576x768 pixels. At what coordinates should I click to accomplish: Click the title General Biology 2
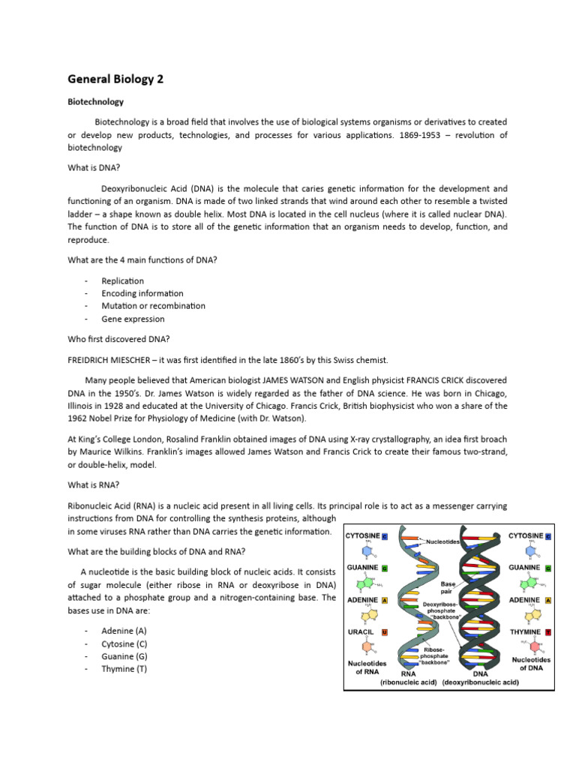(x=115, y=79)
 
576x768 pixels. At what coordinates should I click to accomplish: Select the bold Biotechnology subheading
(x=95, y=101)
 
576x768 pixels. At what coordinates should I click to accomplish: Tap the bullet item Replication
(x=122, y=280)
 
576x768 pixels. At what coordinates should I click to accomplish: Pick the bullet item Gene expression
(x=133, y=319)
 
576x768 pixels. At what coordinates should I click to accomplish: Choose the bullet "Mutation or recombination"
(x=153, y=306)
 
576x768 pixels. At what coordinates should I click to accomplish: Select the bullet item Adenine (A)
(x=124, y=631)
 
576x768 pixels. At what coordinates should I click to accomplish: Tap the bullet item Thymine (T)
(x=124, y=669)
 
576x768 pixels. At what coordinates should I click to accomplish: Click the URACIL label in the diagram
(x=360, y=632)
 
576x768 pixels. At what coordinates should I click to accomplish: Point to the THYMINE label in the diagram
(x=525, y=632)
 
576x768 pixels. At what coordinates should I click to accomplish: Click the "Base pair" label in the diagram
(x=448, y=586)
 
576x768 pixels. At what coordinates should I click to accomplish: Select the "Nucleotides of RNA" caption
(x=366, y=667)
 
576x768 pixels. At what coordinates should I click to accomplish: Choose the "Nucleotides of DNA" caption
(x=531, y=664)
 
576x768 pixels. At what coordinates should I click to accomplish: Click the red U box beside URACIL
(x=385, y=632)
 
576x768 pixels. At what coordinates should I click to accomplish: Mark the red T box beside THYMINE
(x=548, y=632)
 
